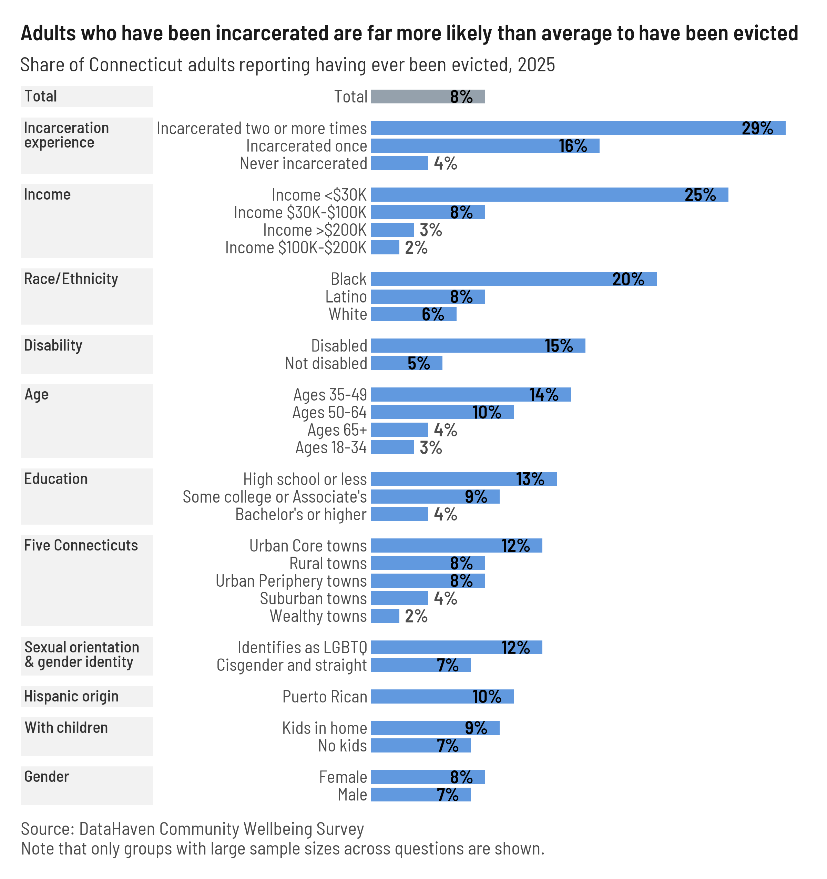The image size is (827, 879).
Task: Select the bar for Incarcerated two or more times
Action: pyautogui.click(x=578, y=128)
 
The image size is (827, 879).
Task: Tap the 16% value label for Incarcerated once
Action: pyautogui.click(x=573, y=146)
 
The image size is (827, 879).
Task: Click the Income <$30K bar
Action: pyautogui.click(x=549, y=194)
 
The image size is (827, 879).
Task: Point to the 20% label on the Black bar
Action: pyautogui.click(x=628, y=279)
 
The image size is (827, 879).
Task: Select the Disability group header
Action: pyautogui.click(x=53, y=345)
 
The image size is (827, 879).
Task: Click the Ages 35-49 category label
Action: pyautogui.click(x=330, y=394)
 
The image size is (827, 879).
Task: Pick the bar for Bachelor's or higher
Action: pyautogui.click(x=399, y=514)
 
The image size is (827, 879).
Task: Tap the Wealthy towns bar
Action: pyautogui.click(x=385, y=616)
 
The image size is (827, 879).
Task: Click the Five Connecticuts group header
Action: pyautogui.click(x=81, y=545)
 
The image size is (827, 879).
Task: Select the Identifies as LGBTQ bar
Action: pyautogui.click(x=456, y=647)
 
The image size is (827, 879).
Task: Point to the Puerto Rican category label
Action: pyautogui.click(x=325, y=696)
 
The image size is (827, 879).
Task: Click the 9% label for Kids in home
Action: pyautogui.click(x=476, y=728)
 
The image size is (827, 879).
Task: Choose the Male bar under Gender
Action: pyautogui.click(x=420, y=795)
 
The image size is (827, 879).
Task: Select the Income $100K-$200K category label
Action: pyautogui.click(x=296, y=247)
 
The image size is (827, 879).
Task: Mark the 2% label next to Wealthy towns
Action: pyautogui.click(x=416, y=616)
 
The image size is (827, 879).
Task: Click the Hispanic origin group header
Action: pyautogui.click(x=71, y=696)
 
